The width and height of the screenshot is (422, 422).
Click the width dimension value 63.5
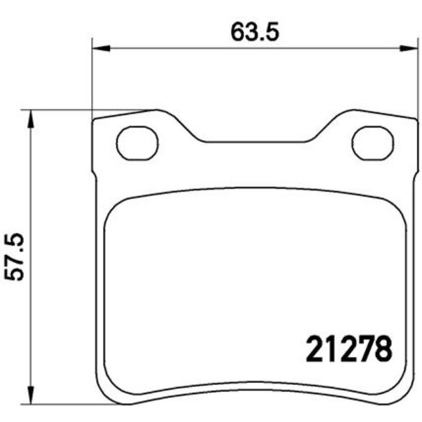[254, 32]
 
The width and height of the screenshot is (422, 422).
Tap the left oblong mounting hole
[138, 142]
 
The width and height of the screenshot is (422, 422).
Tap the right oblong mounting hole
[373, 142]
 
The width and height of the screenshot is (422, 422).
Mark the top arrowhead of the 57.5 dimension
[29, 117]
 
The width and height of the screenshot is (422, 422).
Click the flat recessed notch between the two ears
[254, 140]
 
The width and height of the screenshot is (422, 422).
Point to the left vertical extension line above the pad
[93, 78]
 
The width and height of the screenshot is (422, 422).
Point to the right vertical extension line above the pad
[416, 78]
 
